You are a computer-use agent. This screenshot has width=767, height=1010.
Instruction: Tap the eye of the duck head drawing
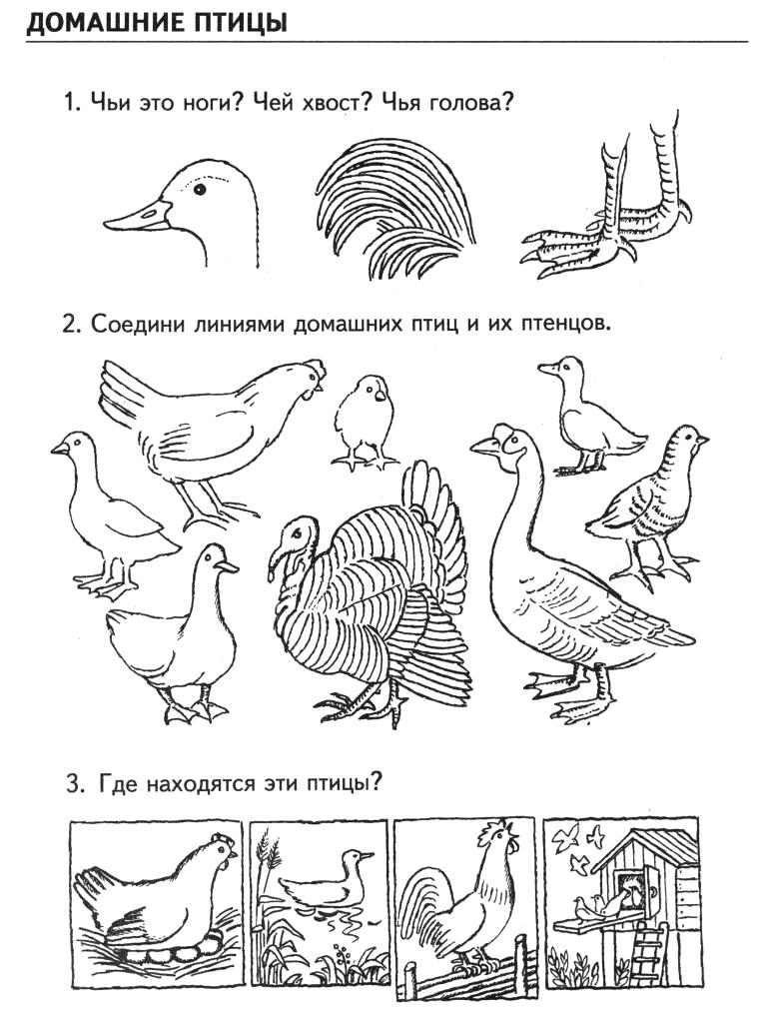pyautogui.click(x=200, y=189)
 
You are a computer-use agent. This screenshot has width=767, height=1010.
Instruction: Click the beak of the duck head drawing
pyautogui.click(x=137, y=216)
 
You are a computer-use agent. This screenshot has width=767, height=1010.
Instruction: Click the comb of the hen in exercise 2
pyautogui.click(x=315, y=370)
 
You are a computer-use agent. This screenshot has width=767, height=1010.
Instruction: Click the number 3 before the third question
pyautogui.click(x=72, y=784)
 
